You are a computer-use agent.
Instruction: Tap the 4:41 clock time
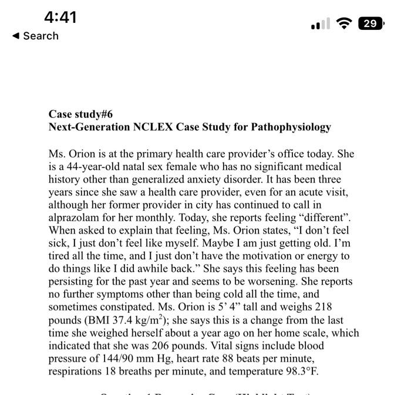click(60, 17)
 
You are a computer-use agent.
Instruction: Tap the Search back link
click(35, 36)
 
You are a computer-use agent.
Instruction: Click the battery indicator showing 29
click(370, 23)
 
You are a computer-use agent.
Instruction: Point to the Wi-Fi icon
click(345, 23)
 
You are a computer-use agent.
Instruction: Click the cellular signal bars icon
click(320, 24)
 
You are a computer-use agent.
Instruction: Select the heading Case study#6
click(80, 114)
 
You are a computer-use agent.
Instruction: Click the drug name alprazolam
click(75, 218)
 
